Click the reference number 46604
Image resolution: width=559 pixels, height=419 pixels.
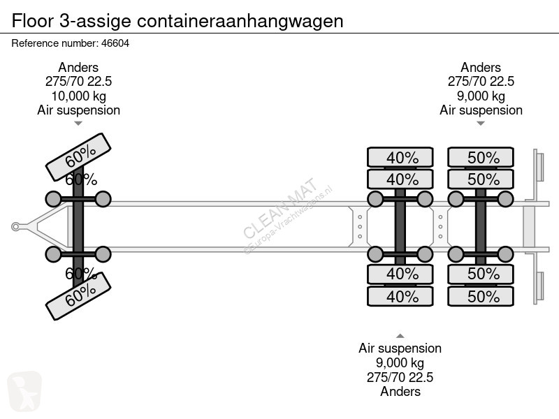click(115, 43)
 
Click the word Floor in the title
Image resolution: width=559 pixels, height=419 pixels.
click(32, 21)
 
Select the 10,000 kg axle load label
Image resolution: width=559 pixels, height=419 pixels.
click(79, 96)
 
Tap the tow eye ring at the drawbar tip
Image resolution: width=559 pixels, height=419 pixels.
click(15, 226)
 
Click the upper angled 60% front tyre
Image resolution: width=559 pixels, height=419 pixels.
click(78, 156)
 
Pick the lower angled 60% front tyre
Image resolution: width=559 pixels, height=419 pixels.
click(78, 296)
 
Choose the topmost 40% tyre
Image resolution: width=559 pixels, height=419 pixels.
click(400, 158)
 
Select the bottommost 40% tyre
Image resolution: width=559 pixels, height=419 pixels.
click(400, 296)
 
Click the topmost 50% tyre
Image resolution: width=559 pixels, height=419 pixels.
click(481, 158)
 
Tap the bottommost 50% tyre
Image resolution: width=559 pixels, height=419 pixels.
click(481, 296)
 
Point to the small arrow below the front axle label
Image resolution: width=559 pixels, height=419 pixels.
click(78, 124)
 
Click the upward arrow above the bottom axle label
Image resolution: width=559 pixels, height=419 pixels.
click(400, 336)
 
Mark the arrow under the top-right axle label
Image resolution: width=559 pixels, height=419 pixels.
click(481, 124)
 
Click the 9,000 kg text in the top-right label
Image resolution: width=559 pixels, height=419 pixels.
click(481, 96)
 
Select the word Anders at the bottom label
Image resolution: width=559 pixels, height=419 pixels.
click(400, 392)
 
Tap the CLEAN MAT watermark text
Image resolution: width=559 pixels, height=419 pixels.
click(280, 208)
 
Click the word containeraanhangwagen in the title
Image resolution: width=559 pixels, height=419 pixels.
click(240, 22)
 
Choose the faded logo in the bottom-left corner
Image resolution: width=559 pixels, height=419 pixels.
click(24, 391)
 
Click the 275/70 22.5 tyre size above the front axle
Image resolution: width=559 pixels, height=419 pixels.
click(78, 82)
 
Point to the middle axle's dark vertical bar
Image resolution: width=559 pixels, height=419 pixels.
click(400, 226)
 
